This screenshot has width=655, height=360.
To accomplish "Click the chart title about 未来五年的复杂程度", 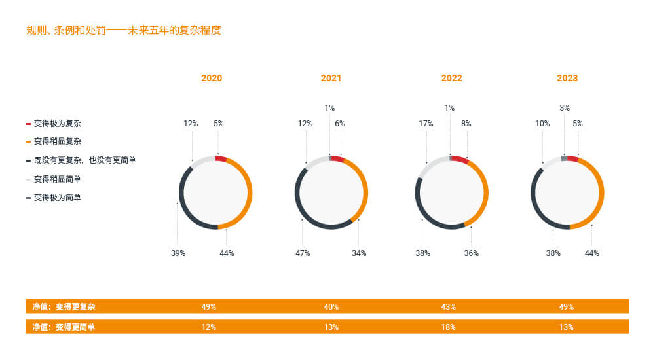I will click(124, 30).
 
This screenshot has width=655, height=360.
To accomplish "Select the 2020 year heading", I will click(212, 78).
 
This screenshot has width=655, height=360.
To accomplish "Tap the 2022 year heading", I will click(451, 78).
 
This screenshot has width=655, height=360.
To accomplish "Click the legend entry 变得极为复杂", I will click(58, 123).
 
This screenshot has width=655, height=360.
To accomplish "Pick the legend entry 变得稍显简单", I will click(58, 179).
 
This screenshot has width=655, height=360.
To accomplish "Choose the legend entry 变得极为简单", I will click(58, 197).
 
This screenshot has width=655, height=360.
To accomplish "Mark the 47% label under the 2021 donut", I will click(303, 253).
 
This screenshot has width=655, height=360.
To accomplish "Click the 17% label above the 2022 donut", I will click(426, 123).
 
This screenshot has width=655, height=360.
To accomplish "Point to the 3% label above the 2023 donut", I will click(565, 108).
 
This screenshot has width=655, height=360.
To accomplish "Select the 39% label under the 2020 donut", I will click(178, 253).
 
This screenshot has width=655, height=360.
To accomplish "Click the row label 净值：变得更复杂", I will click(64, 306).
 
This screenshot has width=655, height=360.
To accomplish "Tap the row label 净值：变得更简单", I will click(64, 327).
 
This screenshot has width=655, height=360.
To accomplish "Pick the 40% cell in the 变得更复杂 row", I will click(331, 306).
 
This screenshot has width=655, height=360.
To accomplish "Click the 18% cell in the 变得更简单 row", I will click(449, 327).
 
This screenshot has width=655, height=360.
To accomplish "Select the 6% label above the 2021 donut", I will click(340, 123).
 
